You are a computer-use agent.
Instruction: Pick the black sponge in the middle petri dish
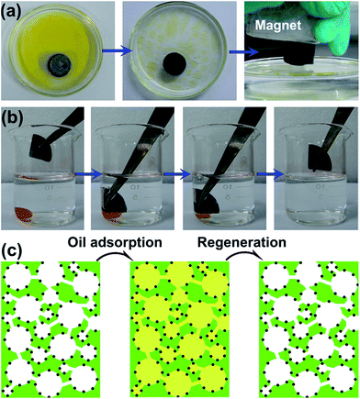pyautogui.click(x=177, y=72)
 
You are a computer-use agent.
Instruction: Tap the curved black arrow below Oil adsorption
pyautogui.click(x=118, y=262)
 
